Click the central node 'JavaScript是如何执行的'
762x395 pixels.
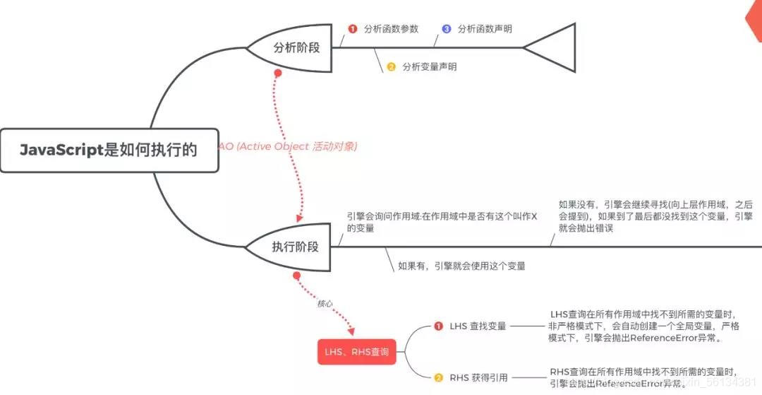coord(107,150)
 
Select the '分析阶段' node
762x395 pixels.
coord(296,48)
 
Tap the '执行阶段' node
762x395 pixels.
coord(295,247)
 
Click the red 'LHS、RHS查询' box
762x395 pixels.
coord(356,351)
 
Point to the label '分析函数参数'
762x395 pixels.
coord(391,29)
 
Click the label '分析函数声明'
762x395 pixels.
coord(485,29)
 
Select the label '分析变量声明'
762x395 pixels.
coord(429,67)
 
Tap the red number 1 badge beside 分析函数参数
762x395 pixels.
coord(353,29)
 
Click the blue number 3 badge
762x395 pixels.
coord(447,29)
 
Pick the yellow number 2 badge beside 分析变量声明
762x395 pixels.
coord(391,67)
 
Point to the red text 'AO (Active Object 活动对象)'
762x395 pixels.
coord(288,146)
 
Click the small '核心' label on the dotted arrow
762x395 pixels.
coord(325,303)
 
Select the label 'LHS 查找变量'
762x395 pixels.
coord(478,326)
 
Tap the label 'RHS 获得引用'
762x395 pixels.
coord(478,377)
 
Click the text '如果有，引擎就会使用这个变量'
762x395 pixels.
coord(461,266)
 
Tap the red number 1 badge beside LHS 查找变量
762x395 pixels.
coord(438,326)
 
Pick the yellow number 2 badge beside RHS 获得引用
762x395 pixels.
coord(438,377)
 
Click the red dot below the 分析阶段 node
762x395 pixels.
coord(278,73)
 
